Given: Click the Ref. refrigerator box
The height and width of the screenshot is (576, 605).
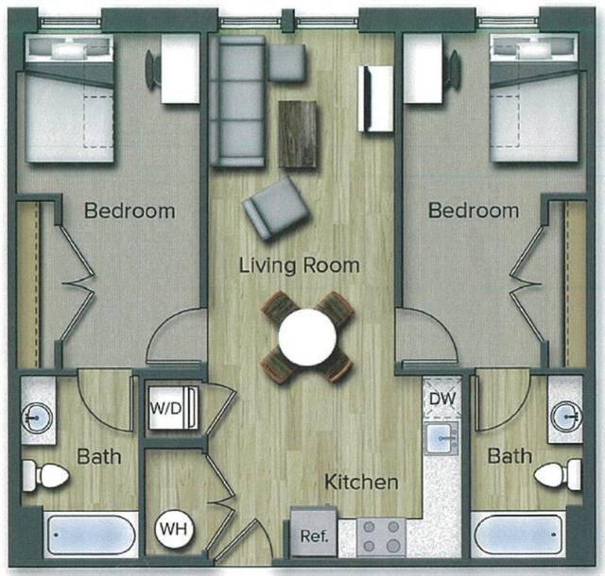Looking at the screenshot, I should coord(313,535).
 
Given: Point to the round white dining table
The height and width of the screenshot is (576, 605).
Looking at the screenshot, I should coord(306,334).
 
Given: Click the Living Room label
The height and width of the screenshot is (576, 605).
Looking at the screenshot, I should coord(299,265).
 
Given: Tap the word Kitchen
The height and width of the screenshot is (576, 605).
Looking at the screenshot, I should coord(361,483).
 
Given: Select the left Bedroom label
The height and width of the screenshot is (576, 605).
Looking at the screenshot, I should coord(130,211).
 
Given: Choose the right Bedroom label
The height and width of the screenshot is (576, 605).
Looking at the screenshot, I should coord(474,211).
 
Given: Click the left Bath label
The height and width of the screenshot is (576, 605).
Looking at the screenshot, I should coord(99,457).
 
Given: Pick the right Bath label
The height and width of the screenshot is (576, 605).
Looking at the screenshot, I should coord(510,457).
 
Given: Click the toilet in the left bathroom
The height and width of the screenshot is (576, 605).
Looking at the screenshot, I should coord(46,474).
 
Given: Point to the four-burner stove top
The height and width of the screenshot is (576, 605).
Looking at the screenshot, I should coord(380,535).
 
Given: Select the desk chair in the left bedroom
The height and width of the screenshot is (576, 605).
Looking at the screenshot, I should coord(151,69).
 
